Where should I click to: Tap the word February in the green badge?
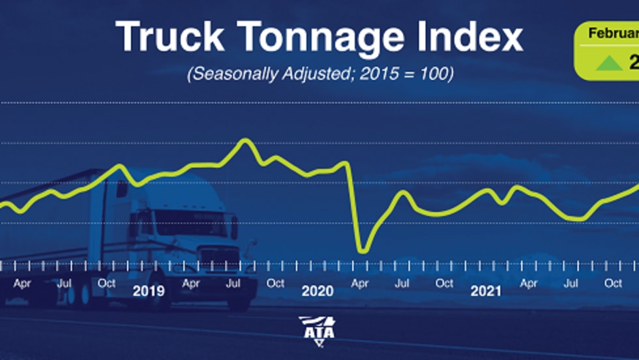614,33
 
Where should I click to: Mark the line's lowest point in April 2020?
362,250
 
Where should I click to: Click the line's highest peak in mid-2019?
245,140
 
